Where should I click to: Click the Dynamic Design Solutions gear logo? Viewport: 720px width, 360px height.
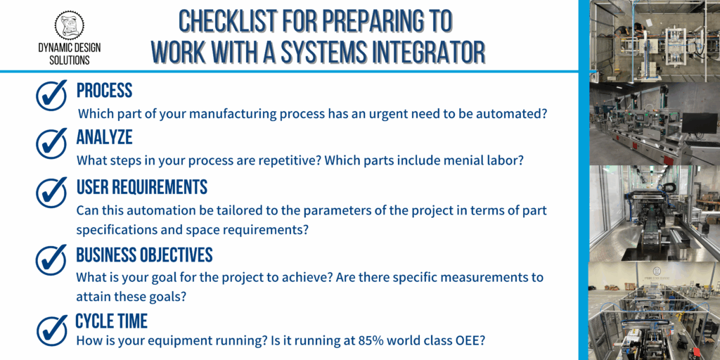click(70, 25)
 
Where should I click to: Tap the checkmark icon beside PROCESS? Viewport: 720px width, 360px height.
click(51, 95)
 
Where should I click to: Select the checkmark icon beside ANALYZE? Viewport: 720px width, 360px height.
click(51, 142)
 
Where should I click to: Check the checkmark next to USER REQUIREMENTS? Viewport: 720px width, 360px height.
click(51, 191)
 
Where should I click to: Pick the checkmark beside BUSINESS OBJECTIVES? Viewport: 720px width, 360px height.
click(51, 259)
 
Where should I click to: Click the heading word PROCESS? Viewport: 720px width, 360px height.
click(104, 91)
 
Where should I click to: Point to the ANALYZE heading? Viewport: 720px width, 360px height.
click(104, 137)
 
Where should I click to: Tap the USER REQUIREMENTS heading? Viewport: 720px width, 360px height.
click(142, 187)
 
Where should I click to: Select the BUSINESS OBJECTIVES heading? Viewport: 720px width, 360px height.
click(145, 255)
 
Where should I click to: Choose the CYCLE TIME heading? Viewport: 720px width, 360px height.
click(112, 321)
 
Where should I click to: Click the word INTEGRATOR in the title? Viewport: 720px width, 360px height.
click(427, 51)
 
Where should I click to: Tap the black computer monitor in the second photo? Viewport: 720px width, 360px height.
click(699, 124)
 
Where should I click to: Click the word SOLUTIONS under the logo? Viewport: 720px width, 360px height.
click(70, 60)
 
